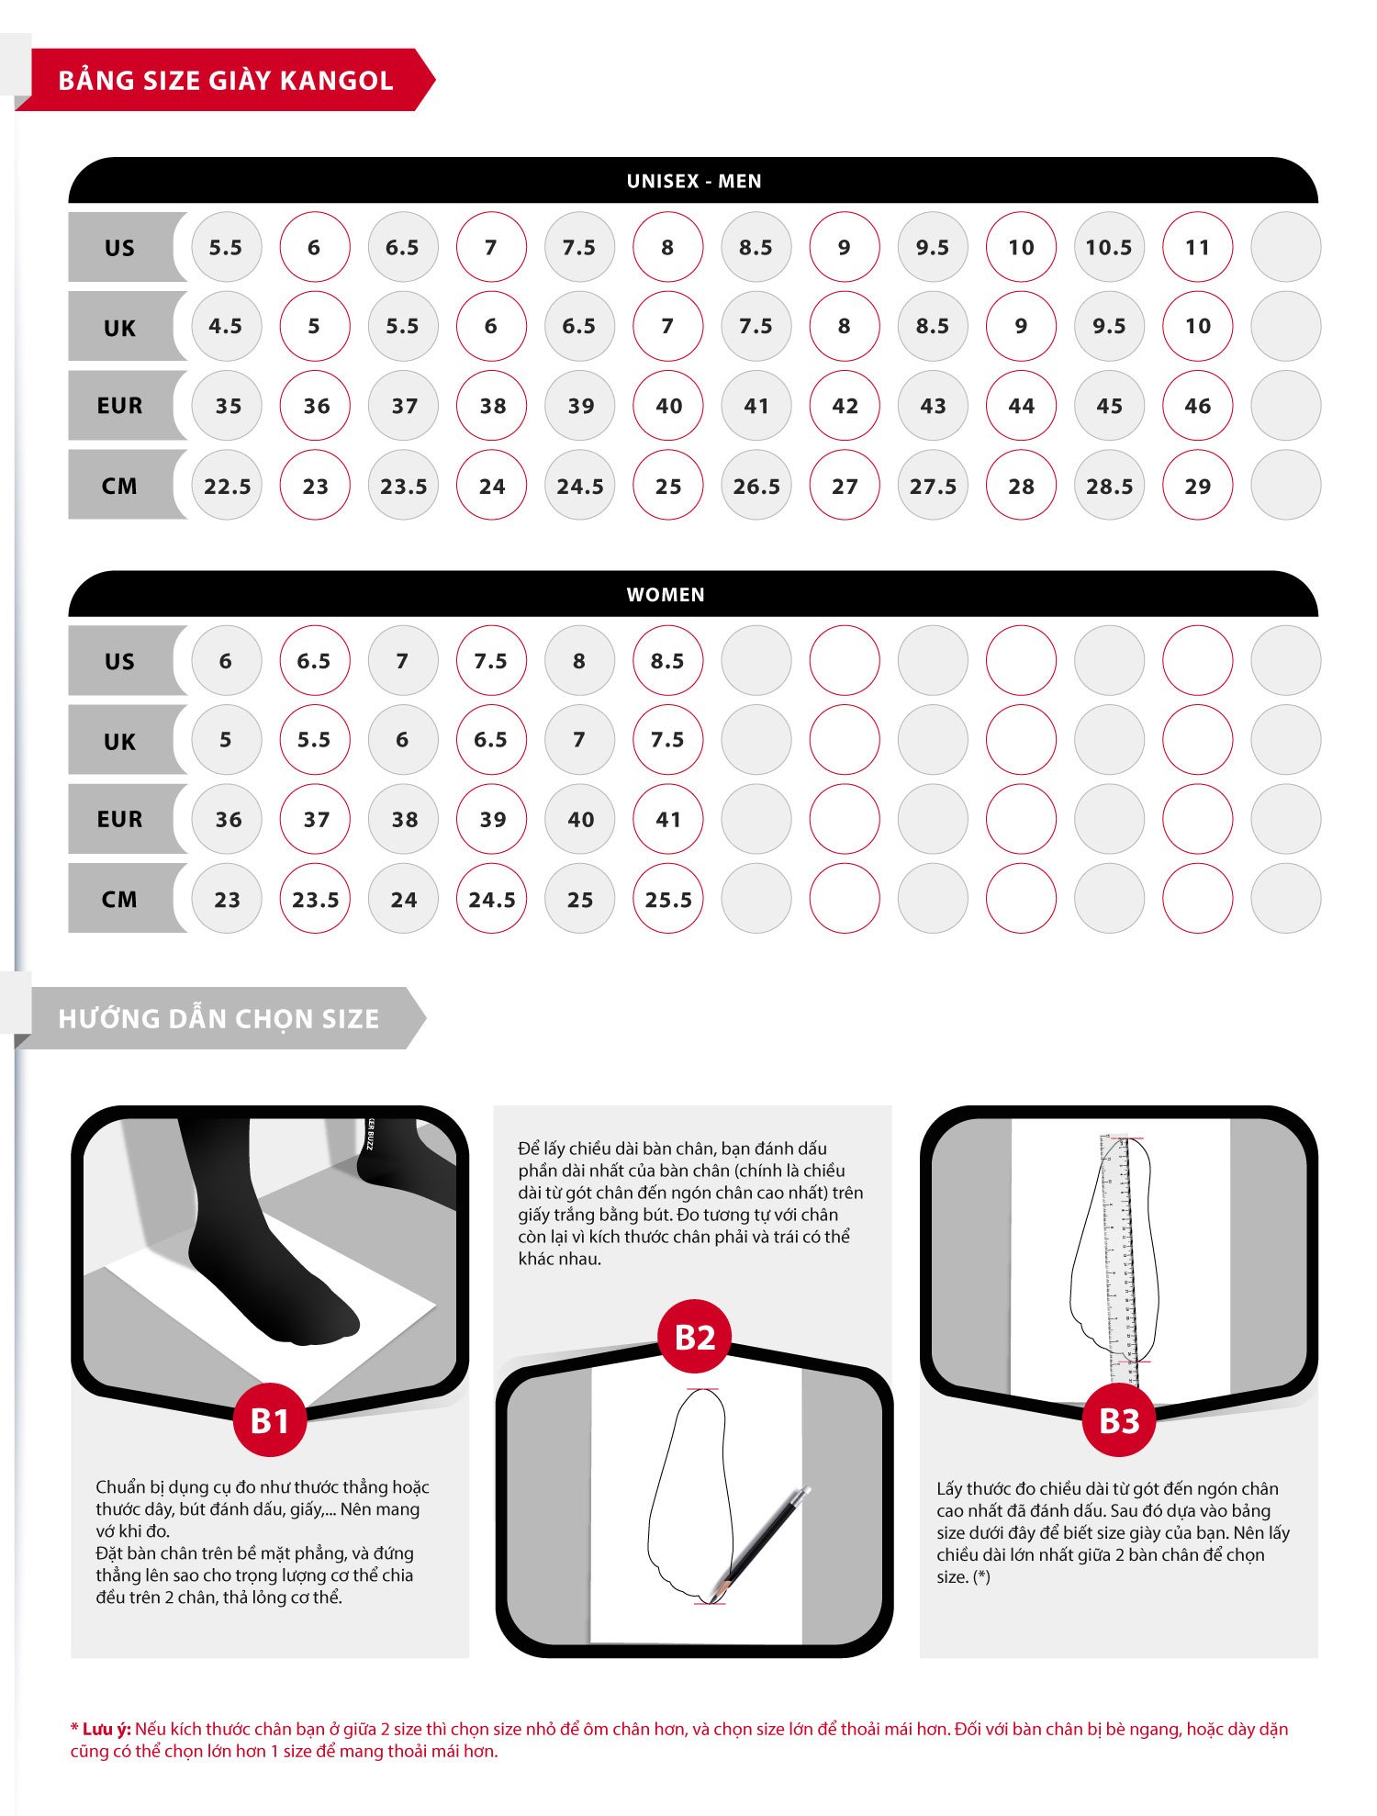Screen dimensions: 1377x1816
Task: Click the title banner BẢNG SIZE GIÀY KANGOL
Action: point(225,80)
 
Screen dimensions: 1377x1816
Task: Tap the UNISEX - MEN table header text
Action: point(694,181)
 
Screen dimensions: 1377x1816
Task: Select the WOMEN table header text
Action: point(666,595)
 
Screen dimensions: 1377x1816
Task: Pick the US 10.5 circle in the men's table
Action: point(1109,247)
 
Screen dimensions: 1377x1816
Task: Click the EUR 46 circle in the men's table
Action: point(1197,406)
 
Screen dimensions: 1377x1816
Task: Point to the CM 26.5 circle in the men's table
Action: point(756,486)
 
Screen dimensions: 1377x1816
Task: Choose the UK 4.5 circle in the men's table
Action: point(226,326)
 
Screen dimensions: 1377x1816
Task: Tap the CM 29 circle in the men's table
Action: point(1197,486)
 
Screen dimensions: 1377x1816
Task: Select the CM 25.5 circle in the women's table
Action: point(667,899)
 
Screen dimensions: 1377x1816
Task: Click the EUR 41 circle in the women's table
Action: point(667,819)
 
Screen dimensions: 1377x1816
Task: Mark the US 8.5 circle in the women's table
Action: point(667,661)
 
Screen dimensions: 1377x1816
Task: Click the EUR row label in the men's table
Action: point(120,406)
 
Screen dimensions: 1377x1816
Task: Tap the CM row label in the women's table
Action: point(120,899)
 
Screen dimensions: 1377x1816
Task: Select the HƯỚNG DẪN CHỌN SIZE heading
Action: point(218,1018)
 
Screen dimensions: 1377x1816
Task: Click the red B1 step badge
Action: point(270,1420)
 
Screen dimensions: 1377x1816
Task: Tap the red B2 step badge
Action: point(695,1337)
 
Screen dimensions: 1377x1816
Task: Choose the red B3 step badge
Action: point(1119,1420)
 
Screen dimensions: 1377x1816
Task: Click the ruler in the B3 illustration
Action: point(1119,1260)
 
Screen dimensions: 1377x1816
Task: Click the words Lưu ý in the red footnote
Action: point(106,1729)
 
